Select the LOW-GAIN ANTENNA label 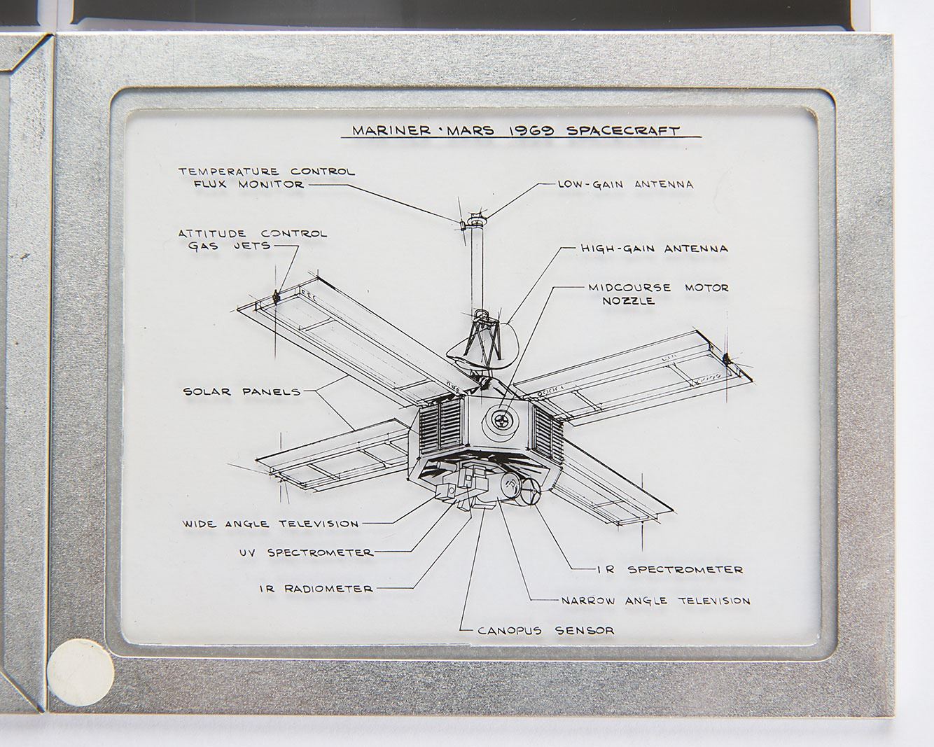pyautogui.click(x=625, y=184)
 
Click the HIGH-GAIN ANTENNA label pyautogui.click(x=655, y=249)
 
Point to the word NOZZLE pyautogui.click(x=629, y=301)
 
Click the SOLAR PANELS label pyautogui.click(x=242, y=392)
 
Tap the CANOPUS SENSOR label pyautogui.click(x=546, y=631)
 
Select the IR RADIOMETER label pyautogui.click(x=316, y=589)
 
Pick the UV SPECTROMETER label pyautogui.click(x=307, y=553)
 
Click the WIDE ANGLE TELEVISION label pyautogui.click(x=271, y=524)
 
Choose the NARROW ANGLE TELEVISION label pyautogui.click(x=656, y=601)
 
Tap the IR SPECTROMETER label pyautogui.click(x=670, y=569)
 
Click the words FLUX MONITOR pyautogui.click(x=249, y=184)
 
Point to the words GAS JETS pyautogui.click(x=229, y=246)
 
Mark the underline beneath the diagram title pyautogui.click(x=521, y=137)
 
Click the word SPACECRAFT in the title pyautogui.click(x=623, y=131)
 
